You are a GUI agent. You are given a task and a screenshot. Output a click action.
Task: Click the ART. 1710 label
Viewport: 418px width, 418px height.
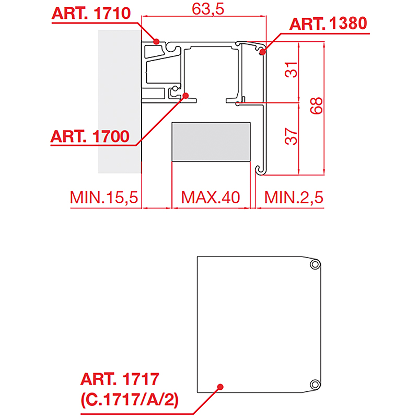tap(91, 14)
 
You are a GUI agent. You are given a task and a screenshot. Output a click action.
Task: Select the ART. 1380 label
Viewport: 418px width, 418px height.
tap(328, 24)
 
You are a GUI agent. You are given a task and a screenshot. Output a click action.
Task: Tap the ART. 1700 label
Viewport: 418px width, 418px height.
tap(90, 136)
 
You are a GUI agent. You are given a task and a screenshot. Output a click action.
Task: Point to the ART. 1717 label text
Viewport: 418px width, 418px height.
tap(120, 379)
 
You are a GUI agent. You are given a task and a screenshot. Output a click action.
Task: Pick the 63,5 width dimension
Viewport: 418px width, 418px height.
tap(208, 9)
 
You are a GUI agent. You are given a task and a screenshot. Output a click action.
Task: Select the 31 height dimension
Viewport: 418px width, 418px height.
tap(291, 69)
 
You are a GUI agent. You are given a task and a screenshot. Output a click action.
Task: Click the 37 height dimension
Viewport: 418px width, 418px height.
tap(291, 136)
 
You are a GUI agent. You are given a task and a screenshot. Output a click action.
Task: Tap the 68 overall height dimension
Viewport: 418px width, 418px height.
tap(317, 106)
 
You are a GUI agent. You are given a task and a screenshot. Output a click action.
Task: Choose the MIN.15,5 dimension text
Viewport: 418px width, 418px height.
tap(104, 198)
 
